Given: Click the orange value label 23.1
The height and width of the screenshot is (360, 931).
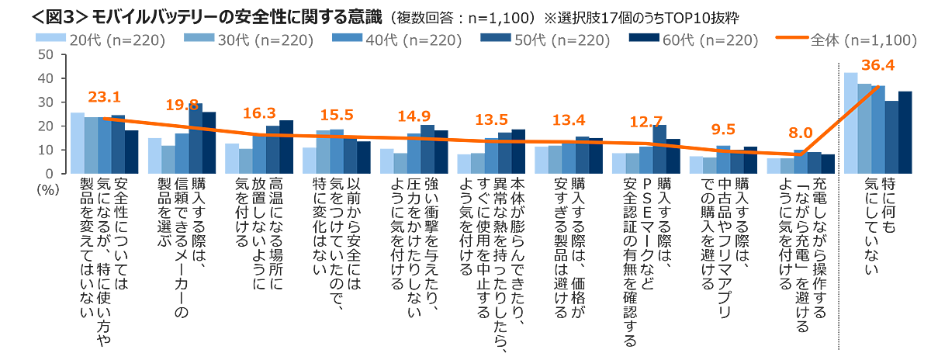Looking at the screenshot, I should coord(104,97).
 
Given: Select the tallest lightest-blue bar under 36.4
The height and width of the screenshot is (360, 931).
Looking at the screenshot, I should coord(850,123).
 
